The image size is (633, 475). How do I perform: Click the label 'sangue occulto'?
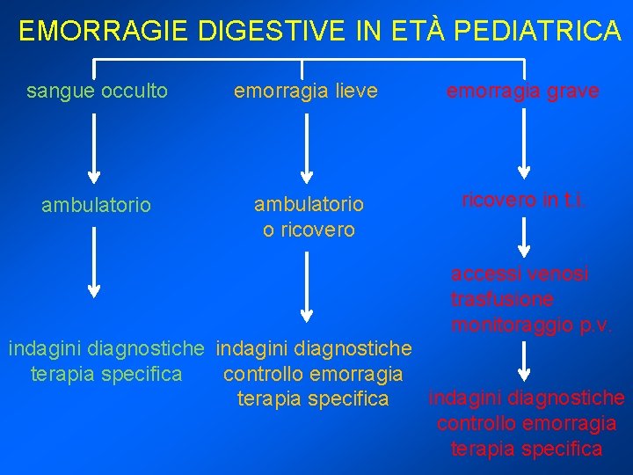(97, 91)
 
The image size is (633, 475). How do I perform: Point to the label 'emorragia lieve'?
(305, 91)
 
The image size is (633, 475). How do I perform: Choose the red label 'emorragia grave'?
(523, 91)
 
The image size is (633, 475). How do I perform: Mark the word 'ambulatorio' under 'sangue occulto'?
(97, 206)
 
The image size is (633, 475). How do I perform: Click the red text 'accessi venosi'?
(520, 274)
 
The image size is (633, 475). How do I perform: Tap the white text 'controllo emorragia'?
(313, 374)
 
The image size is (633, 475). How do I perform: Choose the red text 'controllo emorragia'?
(527, 423)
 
